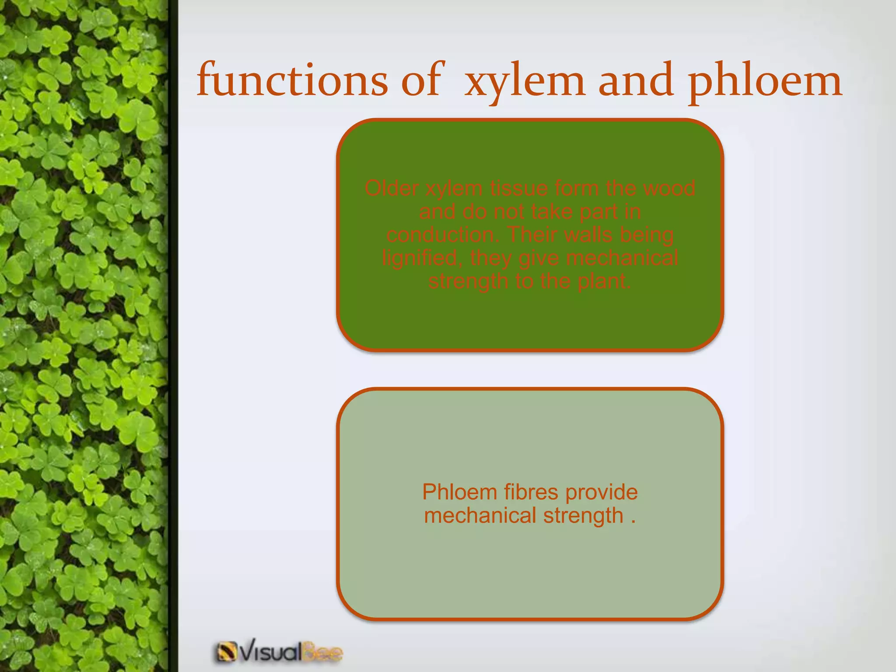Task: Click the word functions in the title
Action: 292,80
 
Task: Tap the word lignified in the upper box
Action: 420,258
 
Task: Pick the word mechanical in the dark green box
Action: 622,258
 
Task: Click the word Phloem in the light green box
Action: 459,492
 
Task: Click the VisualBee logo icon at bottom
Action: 226,652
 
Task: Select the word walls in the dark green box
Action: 587,235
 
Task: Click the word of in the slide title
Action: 420,80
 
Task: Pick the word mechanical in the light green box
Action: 480,515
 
